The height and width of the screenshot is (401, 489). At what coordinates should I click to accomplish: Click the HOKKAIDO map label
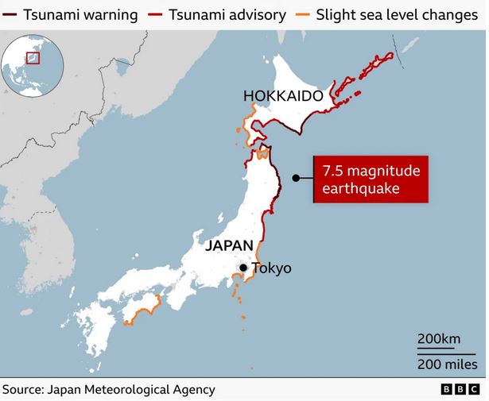283,96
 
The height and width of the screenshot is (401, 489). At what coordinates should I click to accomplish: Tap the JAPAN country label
229,245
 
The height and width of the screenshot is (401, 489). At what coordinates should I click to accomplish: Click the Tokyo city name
271,268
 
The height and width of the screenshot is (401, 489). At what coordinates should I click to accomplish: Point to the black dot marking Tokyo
245,268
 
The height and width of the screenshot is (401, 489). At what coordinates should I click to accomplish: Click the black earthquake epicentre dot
295,179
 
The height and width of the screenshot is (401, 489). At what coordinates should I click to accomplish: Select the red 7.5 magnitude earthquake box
370,179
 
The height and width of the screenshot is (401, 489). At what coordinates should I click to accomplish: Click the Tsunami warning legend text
80,15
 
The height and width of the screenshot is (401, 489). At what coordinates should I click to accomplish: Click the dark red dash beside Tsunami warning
11,15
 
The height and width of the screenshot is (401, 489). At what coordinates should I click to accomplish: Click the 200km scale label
439,340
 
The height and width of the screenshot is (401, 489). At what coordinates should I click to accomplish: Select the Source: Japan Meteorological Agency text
108,390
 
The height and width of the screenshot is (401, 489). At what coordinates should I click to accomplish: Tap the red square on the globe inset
33,57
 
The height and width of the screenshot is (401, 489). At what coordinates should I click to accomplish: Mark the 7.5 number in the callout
332,170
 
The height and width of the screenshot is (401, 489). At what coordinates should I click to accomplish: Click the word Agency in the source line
193,390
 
